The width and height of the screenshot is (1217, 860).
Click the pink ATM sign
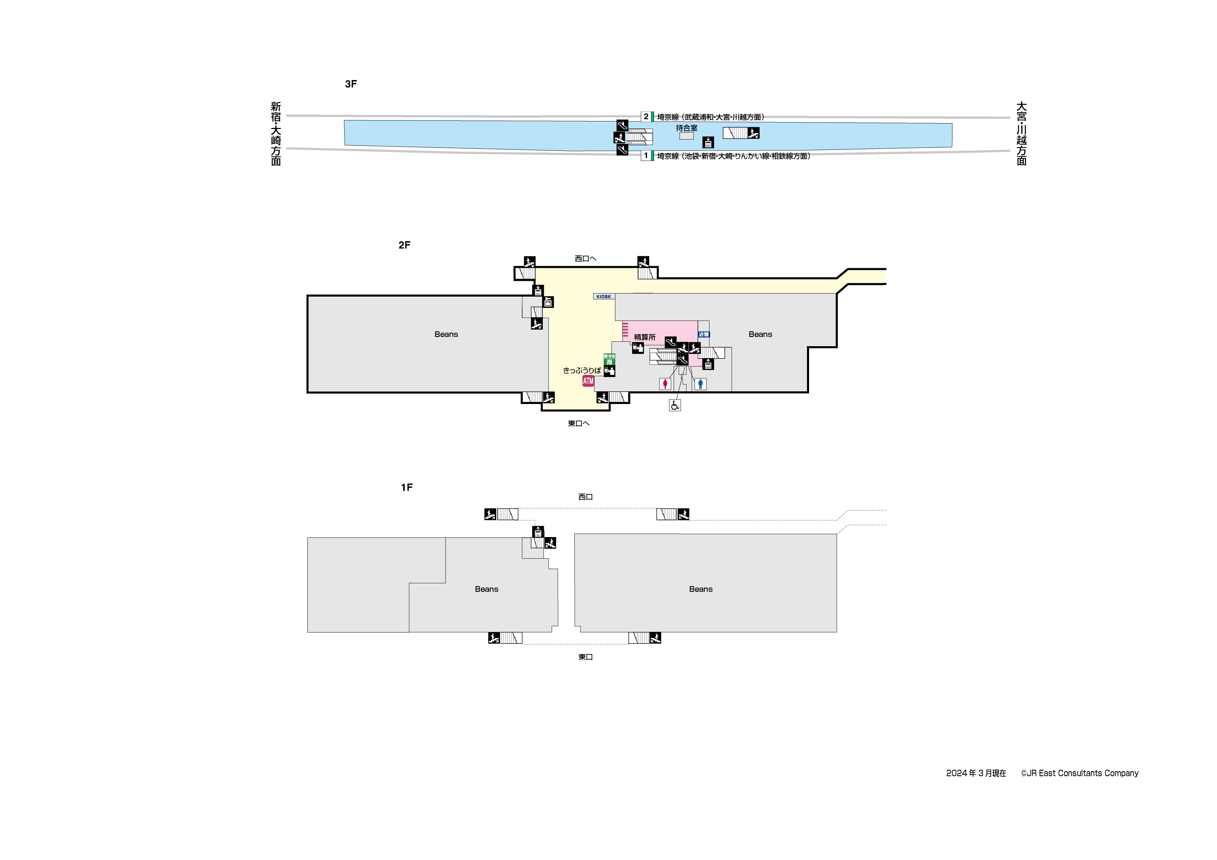[x=588, y=381]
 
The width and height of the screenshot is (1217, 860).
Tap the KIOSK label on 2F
[x=604, y=297]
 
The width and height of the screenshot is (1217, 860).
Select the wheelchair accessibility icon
[x=675, y=405]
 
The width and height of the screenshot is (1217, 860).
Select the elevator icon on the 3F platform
[x=708, y=143]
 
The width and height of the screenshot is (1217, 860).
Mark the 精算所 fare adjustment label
[x=644, y=337]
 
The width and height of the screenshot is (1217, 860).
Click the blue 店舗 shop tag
[x=704, y=334]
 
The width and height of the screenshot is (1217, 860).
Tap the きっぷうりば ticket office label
[x=581, y=370]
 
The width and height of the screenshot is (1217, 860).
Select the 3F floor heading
[x=351, y=84]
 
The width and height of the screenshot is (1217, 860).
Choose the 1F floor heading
[x=407, y=487]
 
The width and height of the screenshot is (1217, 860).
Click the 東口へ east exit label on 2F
[x=578, y=424]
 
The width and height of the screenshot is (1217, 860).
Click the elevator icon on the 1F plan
[x=538, y=532]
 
